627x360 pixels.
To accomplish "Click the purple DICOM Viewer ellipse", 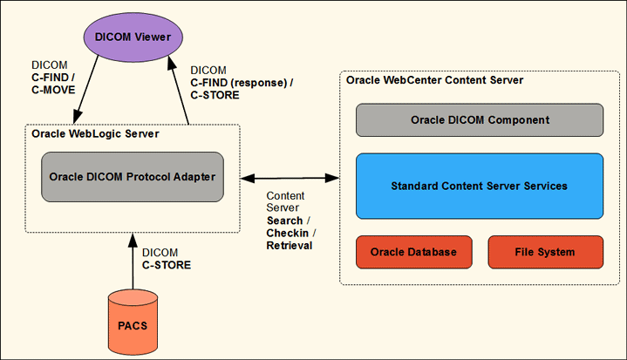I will (133, 37).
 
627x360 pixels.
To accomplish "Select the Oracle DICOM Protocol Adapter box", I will (132, 177).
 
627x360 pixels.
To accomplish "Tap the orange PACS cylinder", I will (133, 325).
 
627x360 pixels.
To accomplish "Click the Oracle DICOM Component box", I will (479, 119).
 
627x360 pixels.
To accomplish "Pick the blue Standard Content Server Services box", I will (479, 186).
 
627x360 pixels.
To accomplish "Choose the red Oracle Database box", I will (413, 252).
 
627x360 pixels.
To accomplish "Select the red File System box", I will (544, 252).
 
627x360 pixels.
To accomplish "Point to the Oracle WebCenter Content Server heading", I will (434, 80).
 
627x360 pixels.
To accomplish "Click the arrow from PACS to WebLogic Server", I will (133, 262).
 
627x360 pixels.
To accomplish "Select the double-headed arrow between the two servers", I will (290, 178).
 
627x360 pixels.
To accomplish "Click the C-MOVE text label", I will (54, 88).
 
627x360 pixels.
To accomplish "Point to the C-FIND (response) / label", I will (242, 83).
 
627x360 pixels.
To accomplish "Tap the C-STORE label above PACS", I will (167, 264).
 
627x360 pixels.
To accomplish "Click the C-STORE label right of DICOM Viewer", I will (215, 94).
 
